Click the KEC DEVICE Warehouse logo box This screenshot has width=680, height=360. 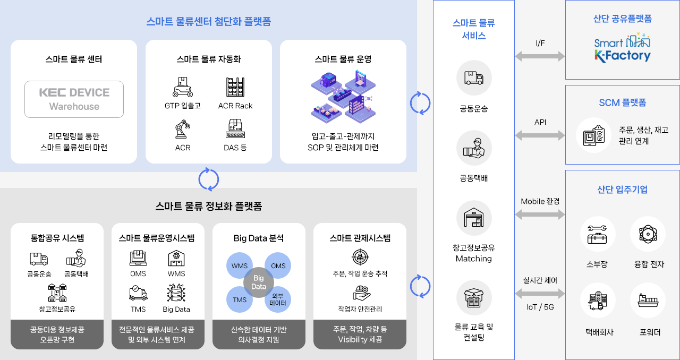[74, 99]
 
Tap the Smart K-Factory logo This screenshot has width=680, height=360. [622, 48]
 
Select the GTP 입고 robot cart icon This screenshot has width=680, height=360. [183, 87]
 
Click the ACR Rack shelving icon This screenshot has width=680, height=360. [235, 87]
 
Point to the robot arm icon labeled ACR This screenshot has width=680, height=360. [183, 130]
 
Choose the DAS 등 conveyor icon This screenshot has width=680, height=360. [235, 130]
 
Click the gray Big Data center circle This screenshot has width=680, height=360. [259, 282]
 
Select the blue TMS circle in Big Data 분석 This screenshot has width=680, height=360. [240, 299]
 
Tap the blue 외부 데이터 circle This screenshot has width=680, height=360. [278, 299]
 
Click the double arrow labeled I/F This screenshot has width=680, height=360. [540, 56]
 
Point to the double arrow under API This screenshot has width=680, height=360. [540, 135]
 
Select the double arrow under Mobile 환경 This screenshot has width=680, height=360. [540, 215]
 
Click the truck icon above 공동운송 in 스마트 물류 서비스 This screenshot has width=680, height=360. [474, 78]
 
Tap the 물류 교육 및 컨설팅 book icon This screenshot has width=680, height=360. [474, 298]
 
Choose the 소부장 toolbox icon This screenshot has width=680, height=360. [597, 234]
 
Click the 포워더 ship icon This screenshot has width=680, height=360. [648, 300]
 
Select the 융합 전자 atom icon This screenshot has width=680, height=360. [648, 234]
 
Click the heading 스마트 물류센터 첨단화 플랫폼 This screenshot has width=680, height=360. [208, 22]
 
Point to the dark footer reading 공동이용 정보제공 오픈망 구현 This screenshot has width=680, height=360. [57, 335]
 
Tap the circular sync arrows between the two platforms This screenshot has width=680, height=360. [208, 179]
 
